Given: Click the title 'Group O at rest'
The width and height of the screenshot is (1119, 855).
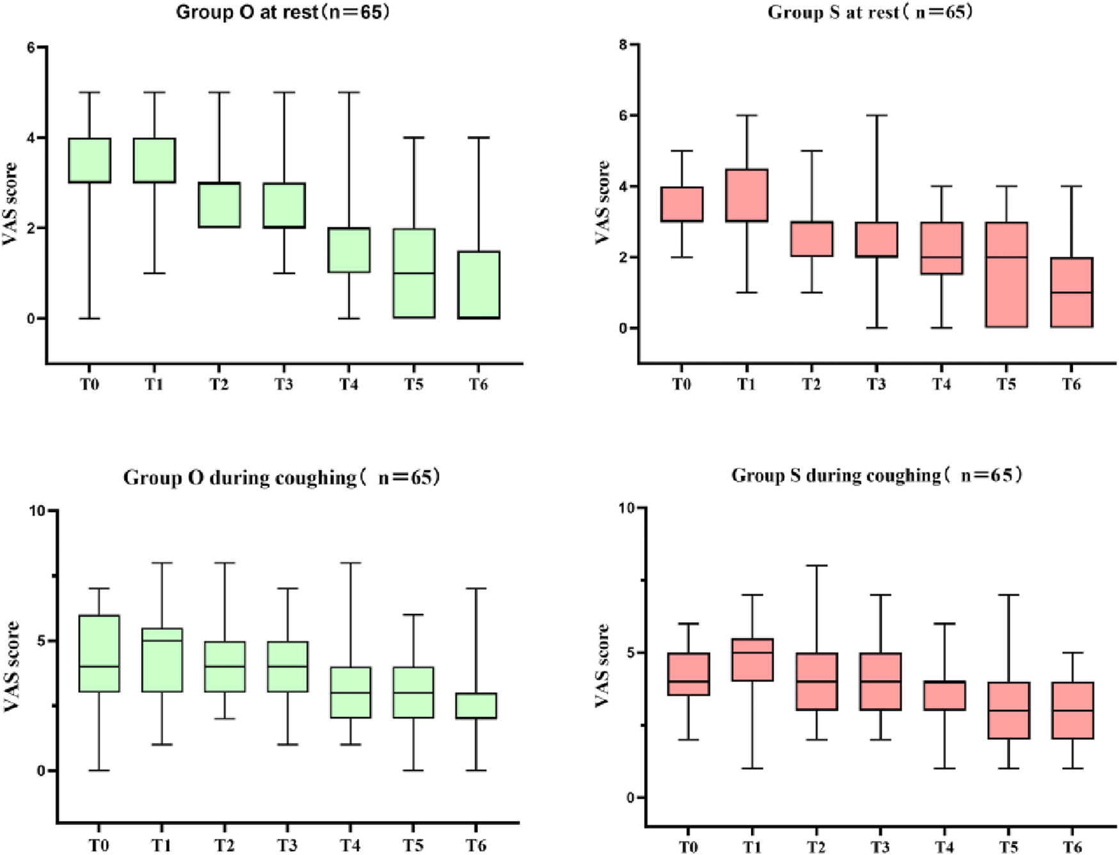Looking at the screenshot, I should click(282, 13).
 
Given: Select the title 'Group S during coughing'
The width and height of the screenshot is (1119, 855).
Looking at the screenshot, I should click(877, 476).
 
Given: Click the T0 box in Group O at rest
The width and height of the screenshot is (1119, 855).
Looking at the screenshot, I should click(90, 161).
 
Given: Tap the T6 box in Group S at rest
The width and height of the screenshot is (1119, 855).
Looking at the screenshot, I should click(1072, 292).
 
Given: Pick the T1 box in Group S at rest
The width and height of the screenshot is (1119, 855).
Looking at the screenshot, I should click(747, 195).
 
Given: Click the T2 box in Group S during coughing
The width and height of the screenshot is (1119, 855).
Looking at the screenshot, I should click(816, 681).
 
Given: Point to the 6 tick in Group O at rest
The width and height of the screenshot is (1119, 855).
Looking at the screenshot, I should click(31, 47).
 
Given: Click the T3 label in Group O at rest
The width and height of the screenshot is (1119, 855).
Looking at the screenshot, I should click(283, 384).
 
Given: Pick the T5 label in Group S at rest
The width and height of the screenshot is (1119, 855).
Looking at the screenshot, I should click(1006, 384).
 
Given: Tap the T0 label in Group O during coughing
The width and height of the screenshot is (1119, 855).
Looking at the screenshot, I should click(99, 845).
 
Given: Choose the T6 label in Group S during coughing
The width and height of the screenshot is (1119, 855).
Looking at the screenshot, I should click(1072, 847).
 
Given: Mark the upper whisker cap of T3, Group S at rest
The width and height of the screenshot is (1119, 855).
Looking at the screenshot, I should click(877, 116).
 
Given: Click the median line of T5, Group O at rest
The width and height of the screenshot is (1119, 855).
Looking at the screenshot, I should click(414, 273).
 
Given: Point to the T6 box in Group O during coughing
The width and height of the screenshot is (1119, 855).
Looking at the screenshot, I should click(476, 706).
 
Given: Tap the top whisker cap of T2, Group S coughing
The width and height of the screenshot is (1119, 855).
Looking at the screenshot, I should click(816, 565).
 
